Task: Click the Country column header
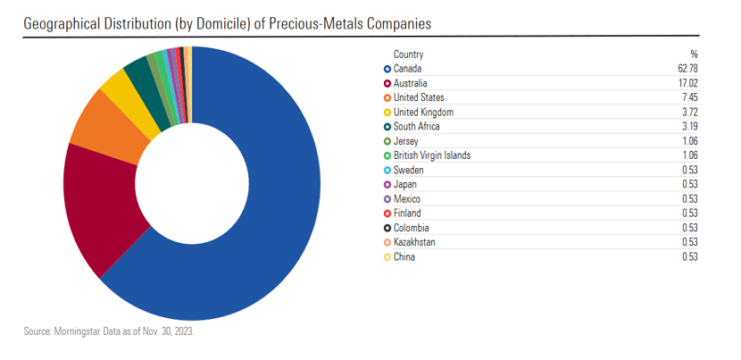pyautogui.click(x=408, y=54)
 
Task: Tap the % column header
pyautogui.click(x=694, y=54)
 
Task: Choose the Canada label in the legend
pyautogui.click(x=407, y=69)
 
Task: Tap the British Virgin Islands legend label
pyautogui.click(x=432, y=155)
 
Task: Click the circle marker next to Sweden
pyautogui.click(x=387, y=170)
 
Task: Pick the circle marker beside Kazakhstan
pyautogui.click(x=387, y=242)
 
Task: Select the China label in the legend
pyautogui.click(x=404, y=257)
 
